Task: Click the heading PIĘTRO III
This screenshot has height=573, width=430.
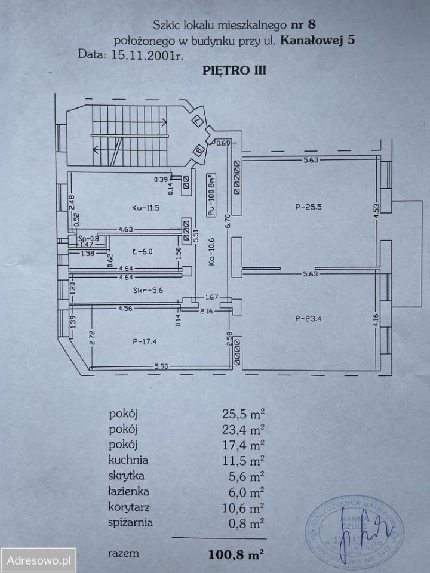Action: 229,70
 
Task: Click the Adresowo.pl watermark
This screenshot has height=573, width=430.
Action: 39,560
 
